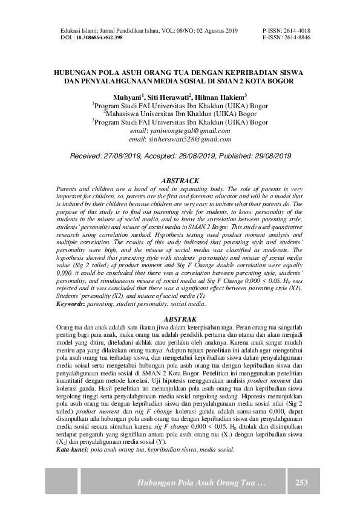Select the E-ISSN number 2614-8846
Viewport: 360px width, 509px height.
[x=296, y=37]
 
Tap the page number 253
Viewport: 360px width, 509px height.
[x=302, y=483]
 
